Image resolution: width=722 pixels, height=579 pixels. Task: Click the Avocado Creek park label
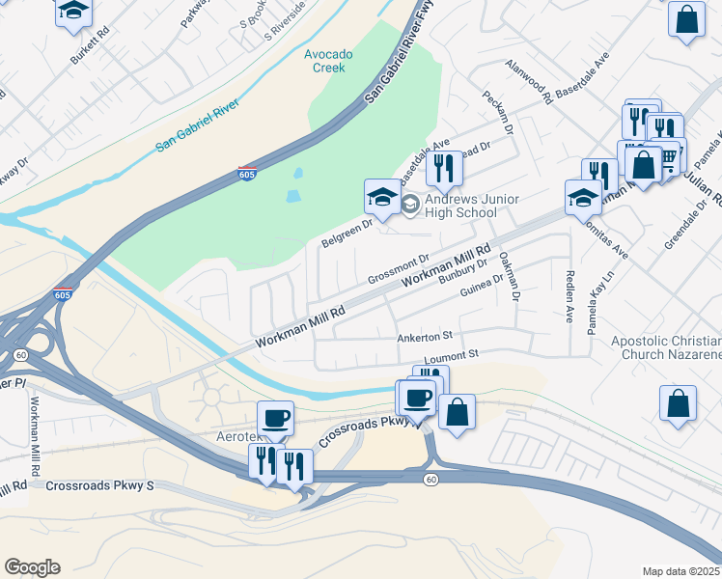click(x=328, y=61)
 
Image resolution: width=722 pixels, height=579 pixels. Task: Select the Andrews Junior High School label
click(x=472, y=206)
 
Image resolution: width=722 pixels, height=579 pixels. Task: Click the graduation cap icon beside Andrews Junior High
click(x=382, y=198)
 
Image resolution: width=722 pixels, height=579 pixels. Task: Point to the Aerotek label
click(x=236, y=437)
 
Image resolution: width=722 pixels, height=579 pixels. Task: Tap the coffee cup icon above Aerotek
click(x=275, y=418)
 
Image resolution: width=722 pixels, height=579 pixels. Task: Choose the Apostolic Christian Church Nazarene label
click(x=666, y=347)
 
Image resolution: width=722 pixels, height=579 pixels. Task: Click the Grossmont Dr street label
click(x=398, y=270)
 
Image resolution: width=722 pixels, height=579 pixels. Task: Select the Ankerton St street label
click(x=425, y=337)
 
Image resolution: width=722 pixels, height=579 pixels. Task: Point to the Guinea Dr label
click(x=482, y=286)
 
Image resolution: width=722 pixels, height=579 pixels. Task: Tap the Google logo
click(x=32, y=567)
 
